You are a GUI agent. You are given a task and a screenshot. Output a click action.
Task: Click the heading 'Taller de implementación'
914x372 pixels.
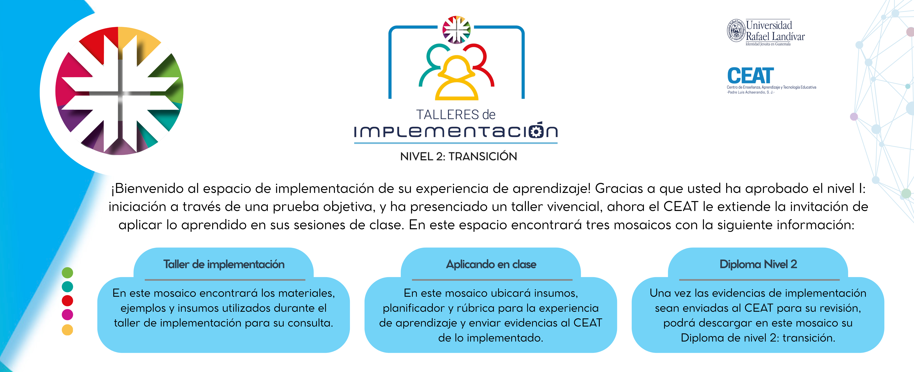click(224, 264)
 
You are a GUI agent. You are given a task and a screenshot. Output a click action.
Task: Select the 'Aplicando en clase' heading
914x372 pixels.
click(491, 264)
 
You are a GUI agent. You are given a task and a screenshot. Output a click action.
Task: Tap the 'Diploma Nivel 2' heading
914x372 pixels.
click(758, 264)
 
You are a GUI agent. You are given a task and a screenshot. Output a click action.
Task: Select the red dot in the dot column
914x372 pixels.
click(67, 301)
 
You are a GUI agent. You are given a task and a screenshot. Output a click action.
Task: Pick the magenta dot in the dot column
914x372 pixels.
click(67, 314)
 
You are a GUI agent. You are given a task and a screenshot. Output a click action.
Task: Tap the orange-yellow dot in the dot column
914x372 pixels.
click(67, 330)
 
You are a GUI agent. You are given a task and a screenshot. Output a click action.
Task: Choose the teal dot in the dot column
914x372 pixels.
click(67, 286)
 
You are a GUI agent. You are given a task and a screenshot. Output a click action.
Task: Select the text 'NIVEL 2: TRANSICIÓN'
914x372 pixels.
click(458, 156)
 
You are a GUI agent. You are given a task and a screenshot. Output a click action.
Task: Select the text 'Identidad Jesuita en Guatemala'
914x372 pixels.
click(768, 44)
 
